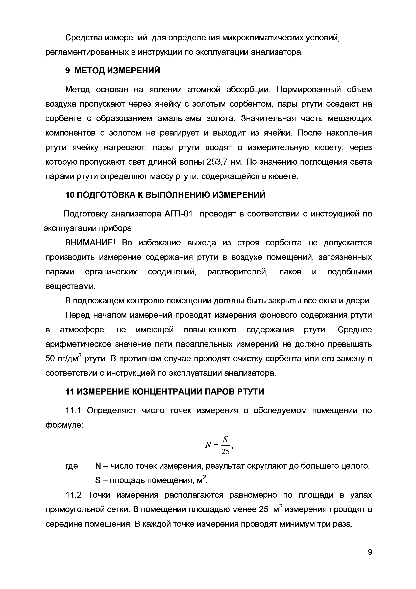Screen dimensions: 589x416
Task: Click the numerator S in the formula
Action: pos(225,440)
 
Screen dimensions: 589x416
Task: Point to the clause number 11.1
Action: pos(73,411)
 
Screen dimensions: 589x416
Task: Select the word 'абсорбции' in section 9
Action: pos(248,90)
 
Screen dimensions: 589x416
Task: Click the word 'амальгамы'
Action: pos(179,119)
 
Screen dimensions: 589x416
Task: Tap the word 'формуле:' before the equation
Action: pos(64,425)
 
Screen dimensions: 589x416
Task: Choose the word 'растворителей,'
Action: pos(238,272)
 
